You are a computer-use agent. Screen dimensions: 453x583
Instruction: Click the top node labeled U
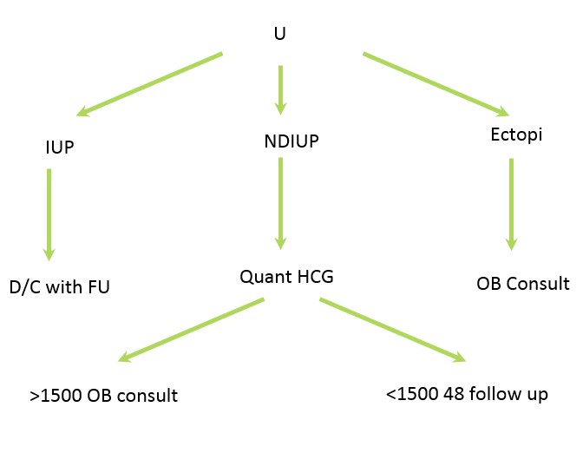point(279,35)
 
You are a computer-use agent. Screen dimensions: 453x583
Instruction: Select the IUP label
point(59,147)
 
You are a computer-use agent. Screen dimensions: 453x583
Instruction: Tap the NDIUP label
point(291,141)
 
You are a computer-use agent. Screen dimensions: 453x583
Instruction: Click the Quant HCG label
point(287,278)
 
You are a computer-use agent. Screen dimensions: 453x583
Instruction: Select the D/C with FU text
point(60,287)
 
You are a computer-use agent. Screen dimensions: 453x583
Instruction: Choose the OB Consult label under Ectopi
point(523,284)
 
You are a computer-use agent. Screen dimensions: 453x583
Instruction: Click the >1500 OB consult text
point(103,396)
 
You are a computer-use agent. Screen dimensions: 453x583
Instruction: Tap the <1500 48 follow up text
point(467,394)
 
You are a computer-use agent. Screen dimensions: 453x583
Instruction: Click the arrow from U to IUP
point(149,83)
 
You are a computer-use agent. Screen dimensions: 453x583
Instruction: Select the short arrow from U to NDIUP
point(280,89)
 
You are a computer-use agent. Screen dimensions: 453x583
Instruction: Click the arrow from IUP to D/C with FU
point(49,213)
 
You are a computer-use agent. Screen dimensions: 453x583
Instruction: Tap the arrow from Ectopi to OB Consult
point(512,203)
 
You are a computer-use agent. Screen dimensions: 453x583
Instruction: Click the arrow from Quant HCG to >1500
point(191,329)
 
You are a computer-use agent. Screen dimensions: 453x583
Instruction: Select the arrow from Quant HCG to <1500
point(393,329)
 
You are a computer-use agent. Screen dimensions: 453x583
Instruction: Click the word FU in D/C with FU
point(98,287)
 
